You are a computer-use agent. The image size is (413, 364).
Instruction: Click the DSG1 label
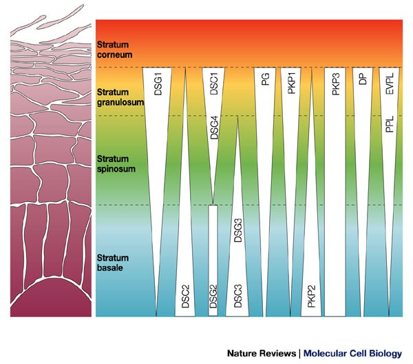click(158, 83)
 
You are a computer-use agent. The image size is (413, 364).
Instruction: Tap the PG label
click(265, 80)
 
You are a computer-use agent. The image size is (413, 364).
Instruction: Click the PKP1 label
click(291, 83)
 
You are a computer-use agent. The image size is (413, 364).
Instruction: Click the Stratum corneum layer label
click(116, 48)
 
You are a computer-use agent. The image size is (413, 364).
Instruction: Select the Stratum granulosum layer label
click(121, 97)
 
